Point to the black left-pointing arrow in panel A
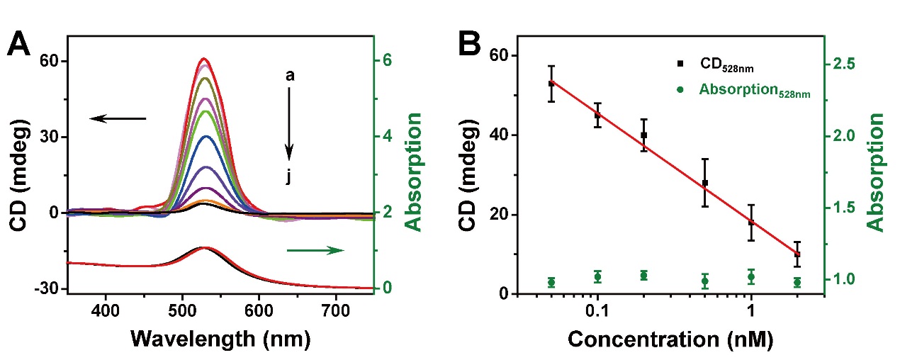(118, 118)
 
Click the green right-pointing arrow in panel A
(316, 249)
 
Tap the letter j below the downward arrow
(289, 177)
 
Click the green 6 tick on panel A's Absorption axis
(388, 61)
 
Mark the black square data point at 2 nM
(797, 254)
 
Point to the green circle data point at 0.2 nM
(643, 275)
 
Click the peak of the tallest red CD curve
(204, 58)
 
